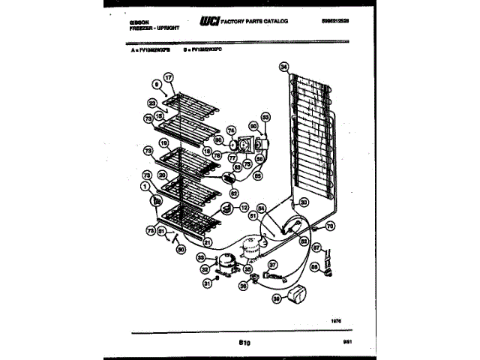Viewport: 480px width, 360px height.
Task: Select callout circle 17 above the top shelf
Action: click(x=169, y=77)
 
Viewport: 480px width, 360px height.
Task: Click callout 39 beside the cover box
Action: click(x=276, y=298)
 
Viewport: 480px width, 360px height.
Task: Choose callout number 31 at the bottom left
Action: click(x=206, y=283)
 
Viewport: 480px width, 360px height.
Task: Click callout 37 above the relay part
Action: click(x=273, y=263)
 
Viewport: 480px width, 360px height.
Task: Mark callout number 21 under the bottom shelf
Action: click(x=208, y=241)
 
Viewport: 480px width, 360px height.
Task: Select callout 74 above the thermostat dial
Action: click(x=231, y=128)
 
